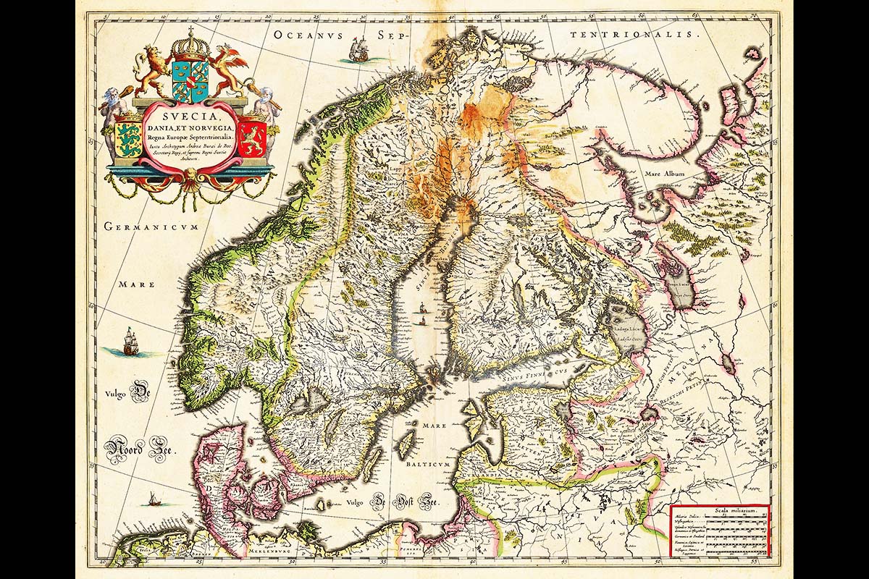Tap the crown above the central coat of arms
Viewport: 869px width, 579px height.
pos(190,45)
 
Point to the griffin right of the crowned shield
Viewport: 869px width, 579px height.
pos(230,71)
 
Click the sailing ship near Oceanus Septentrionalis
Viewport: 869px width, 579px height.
pos(358,50)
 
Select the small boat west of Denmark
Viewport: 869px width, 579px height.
pos(153,499)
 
